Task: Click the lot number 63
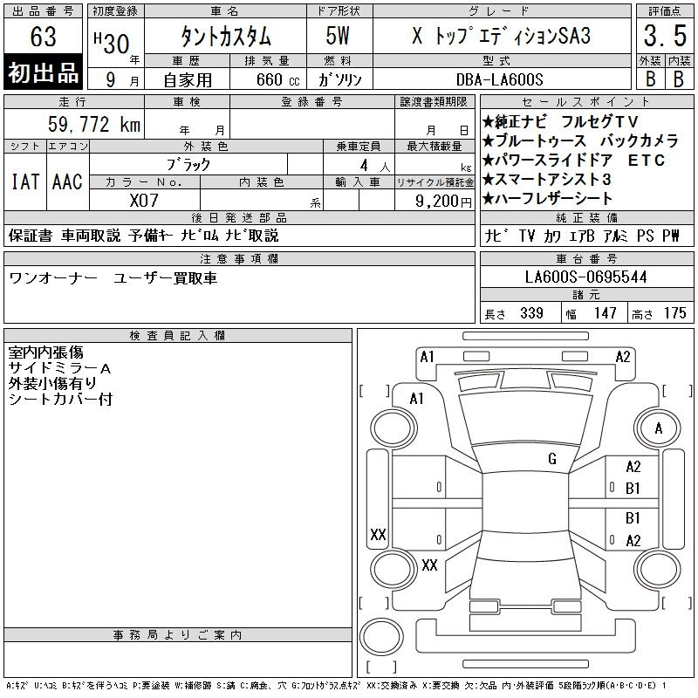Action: point(43,36)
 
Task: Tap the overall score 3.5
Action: point(665,36)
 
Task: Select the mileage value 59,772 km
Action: point(94,124)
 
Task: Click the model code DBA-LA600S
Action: point(499,79)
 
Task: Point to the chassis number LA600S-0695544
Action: point(585,277)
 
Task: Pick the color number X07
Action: point(144,201)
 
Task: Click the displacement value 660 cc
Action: point(277,79)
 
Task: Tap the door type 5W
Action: point(338,36)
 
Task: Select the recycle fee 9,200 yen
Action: point(443,202)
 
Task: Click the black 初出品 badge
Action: point(43,72)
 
